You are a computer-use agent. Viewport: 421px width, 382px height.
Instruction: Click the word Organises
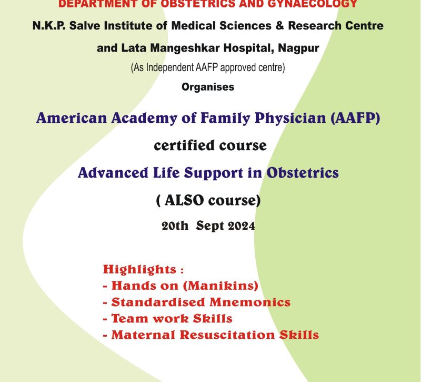point(208,87)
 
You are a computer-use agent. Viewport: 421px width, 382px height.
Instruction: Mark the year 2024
point(241,226)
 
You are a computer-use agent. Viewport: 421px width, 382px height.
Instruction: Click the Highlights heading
point(139,269)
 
